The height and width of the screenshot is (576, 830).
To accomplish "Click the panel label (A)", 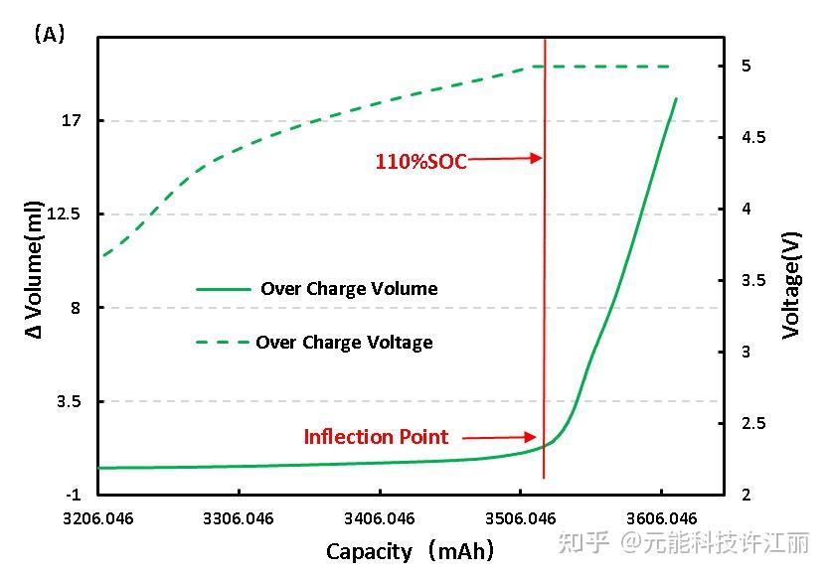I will (x=49, y=34).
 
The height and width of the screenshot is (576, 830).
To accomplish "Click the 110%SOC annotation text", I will (x=420, y=161).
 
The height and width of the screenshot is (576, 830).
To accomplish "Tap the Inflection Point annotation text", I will (x=376, y=437).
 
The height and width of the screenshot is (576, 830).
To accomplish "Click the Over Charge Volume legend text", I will (x=349, y=289).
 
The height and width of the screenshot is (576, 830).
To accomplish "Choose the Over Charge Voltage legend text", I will (x=344, y=343).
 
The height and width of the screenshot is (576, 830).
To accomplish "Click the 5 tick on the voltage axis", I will (x=745, y=66).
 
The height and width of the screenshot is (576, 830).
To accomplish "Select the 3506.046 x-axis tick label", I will (x=520, y=518).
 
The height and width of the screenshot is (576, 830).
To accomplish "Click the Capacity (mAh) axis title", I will (x=410, y=551).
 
